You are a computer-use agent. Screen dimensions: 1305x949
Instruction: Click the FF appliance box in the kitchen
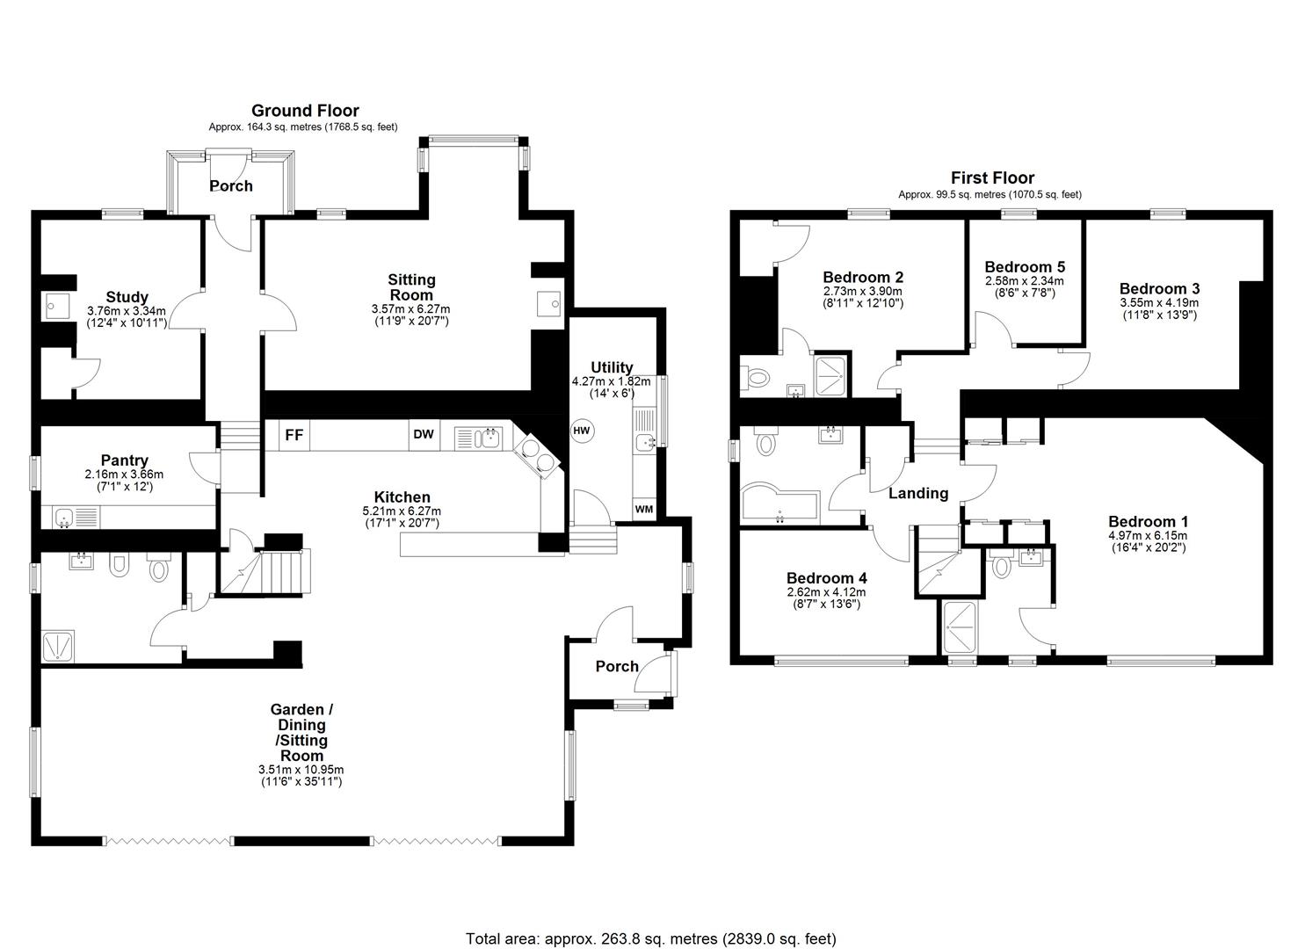[294, 435]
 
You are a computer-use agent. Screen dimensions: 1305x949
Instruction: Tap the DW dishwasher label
[424, 434]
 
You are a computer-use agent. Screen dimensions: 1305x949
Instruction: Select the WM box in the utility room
[644, 509]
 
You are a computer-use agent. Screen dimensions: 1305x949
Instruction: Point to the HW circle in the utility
[582, 431]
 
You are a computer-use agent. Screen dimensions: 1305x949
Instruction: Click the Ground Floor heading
[305, 110]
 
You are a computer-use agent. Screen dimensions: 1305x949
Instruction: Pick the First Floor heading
[993, 177]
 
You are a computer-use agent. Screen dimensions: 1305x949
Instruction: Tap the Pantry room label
[124, 460]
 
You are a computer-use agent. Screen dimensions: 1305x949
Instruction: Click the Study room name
[127, 297]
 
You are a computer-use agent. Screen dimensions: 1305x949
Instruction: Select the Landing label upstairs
[918, 494]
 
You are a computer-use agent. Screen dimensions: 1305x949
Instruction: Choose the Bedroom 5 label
[1025, 267]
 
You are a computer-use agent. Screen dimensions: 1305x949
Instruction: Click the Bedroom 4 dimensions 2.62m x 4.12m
[826, 592]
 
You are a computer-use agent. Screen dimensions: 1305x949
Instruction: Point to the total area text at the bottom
[651, 906]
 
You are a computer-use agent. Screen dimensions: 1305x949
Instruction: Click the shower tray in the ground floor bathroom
[58, 646]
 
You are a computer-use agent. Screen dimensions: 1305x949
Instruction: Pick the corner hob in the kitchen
[537, 455]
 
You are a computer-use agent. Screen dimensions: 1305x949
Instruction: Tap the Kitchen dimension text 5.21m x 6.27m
[402, 511]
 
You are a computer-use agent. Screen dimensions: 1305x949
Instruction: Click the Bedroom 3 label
[1159, 289]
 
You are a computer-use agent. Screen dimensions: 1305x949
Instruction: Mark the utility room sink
[645, 440]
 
